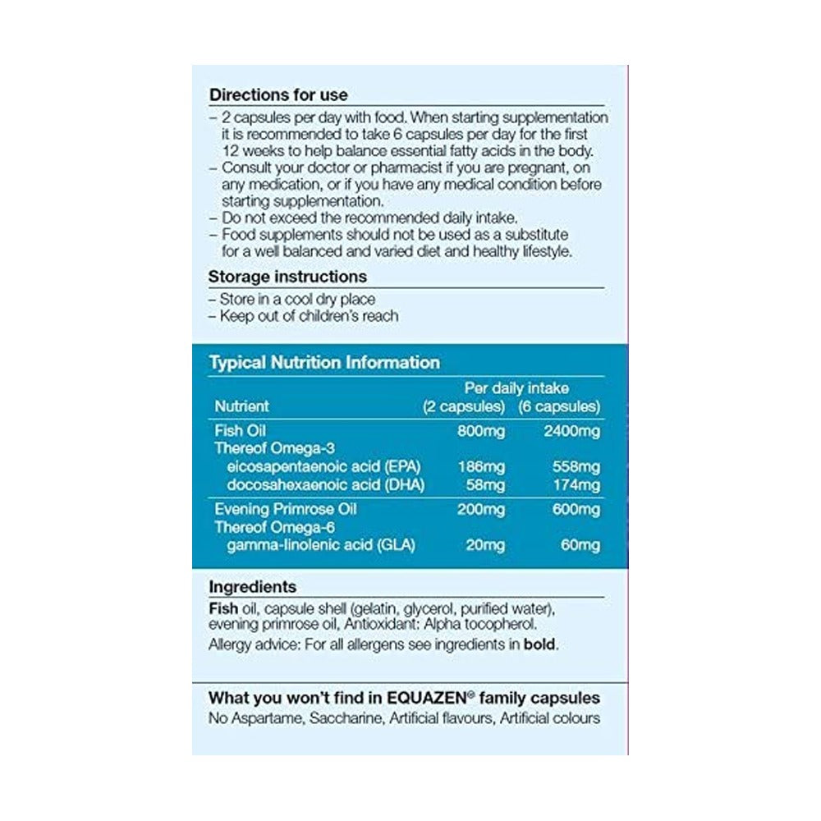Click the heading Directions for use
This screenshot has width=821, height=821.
[x=278, y=94]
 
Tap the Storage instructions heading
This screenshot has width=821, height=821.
[x=287, y=277]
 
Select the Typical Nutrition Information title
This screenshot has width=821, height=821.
[x=324, y=362]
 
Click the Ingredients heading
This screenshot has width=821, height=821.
[x=253, y=587]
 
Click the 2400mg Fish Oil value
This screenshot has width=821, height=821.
[x=573, y=429]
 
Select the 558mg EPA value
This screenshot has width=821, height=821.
[x=578, y=466]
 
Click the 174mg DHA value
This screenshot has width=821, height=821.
[x=578, y=485]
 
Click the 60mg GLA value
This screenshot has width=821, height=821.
[x=582, y=546]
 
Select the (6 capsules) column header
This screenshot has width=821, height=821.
[x=559, y=406]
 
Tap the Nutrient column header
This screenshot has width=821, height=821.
[x=241, y=406]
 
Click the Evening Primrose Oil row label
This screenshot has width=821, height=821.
[x=285, y=509]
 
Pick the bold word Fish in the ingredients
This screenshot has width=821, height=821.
[x=223, y=609]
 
